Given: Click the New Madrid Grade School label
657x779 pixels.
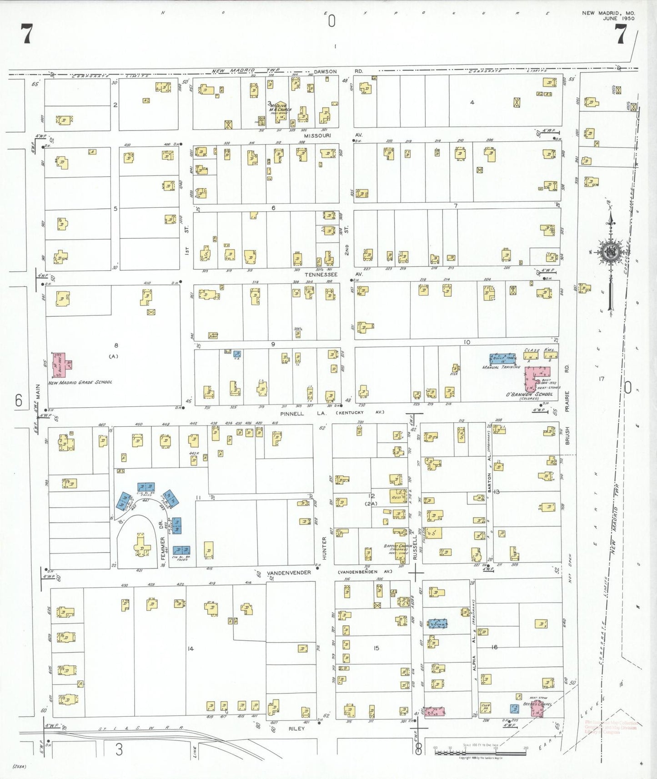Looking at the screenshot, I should [80, 382].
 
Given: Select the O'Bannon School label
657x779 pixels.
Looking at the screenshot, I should [530, 394].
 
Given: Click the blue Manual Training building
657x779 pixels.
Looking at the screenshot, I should [502, 358].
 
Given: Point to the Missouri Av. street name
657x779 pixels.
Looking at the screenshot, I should [317, 135].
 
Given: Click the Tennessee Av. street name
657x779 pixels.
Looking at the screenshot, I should [321, 275].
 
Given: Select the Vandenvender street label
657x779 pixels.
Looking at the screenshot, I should [289, 573].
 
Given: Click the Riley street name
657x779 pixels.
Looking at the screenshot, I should [296, 728].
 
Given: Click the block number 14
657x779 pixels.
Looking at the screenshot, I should [191, 649].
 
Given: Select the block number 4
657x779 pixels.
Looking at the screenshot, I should [472, 102].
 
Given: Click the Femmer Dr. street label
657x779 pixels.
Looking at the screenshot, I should [162, 541].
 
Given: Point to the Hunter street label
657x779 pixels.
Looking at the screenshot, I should [325, 548].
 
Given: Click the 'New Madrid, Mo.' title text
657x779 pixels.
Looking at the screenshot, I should [608, 13].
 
